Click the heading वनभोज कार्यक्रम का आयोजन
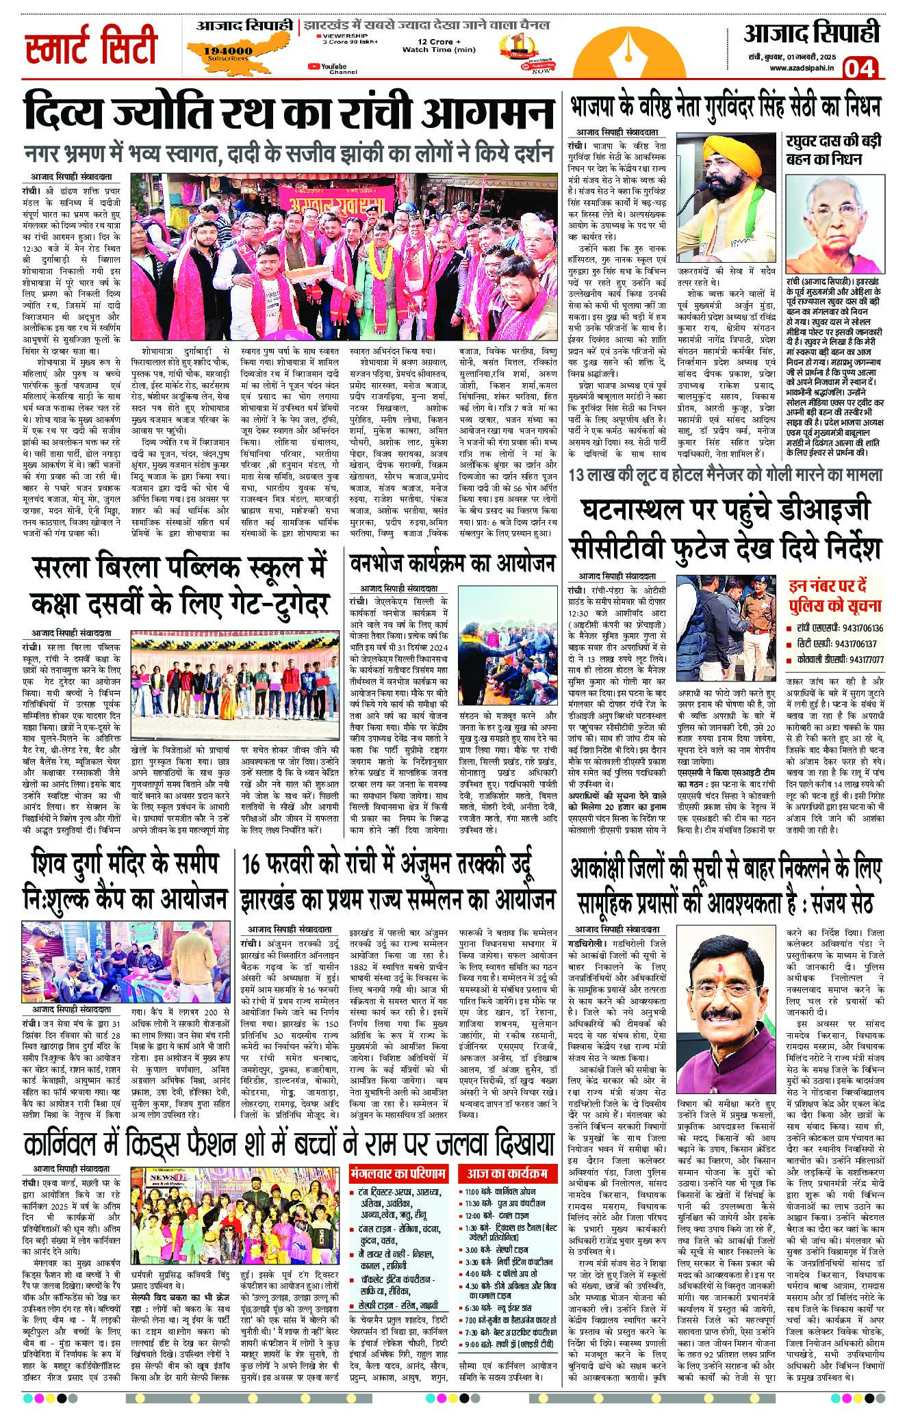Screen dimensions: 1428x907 click(x=452, y=564)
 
